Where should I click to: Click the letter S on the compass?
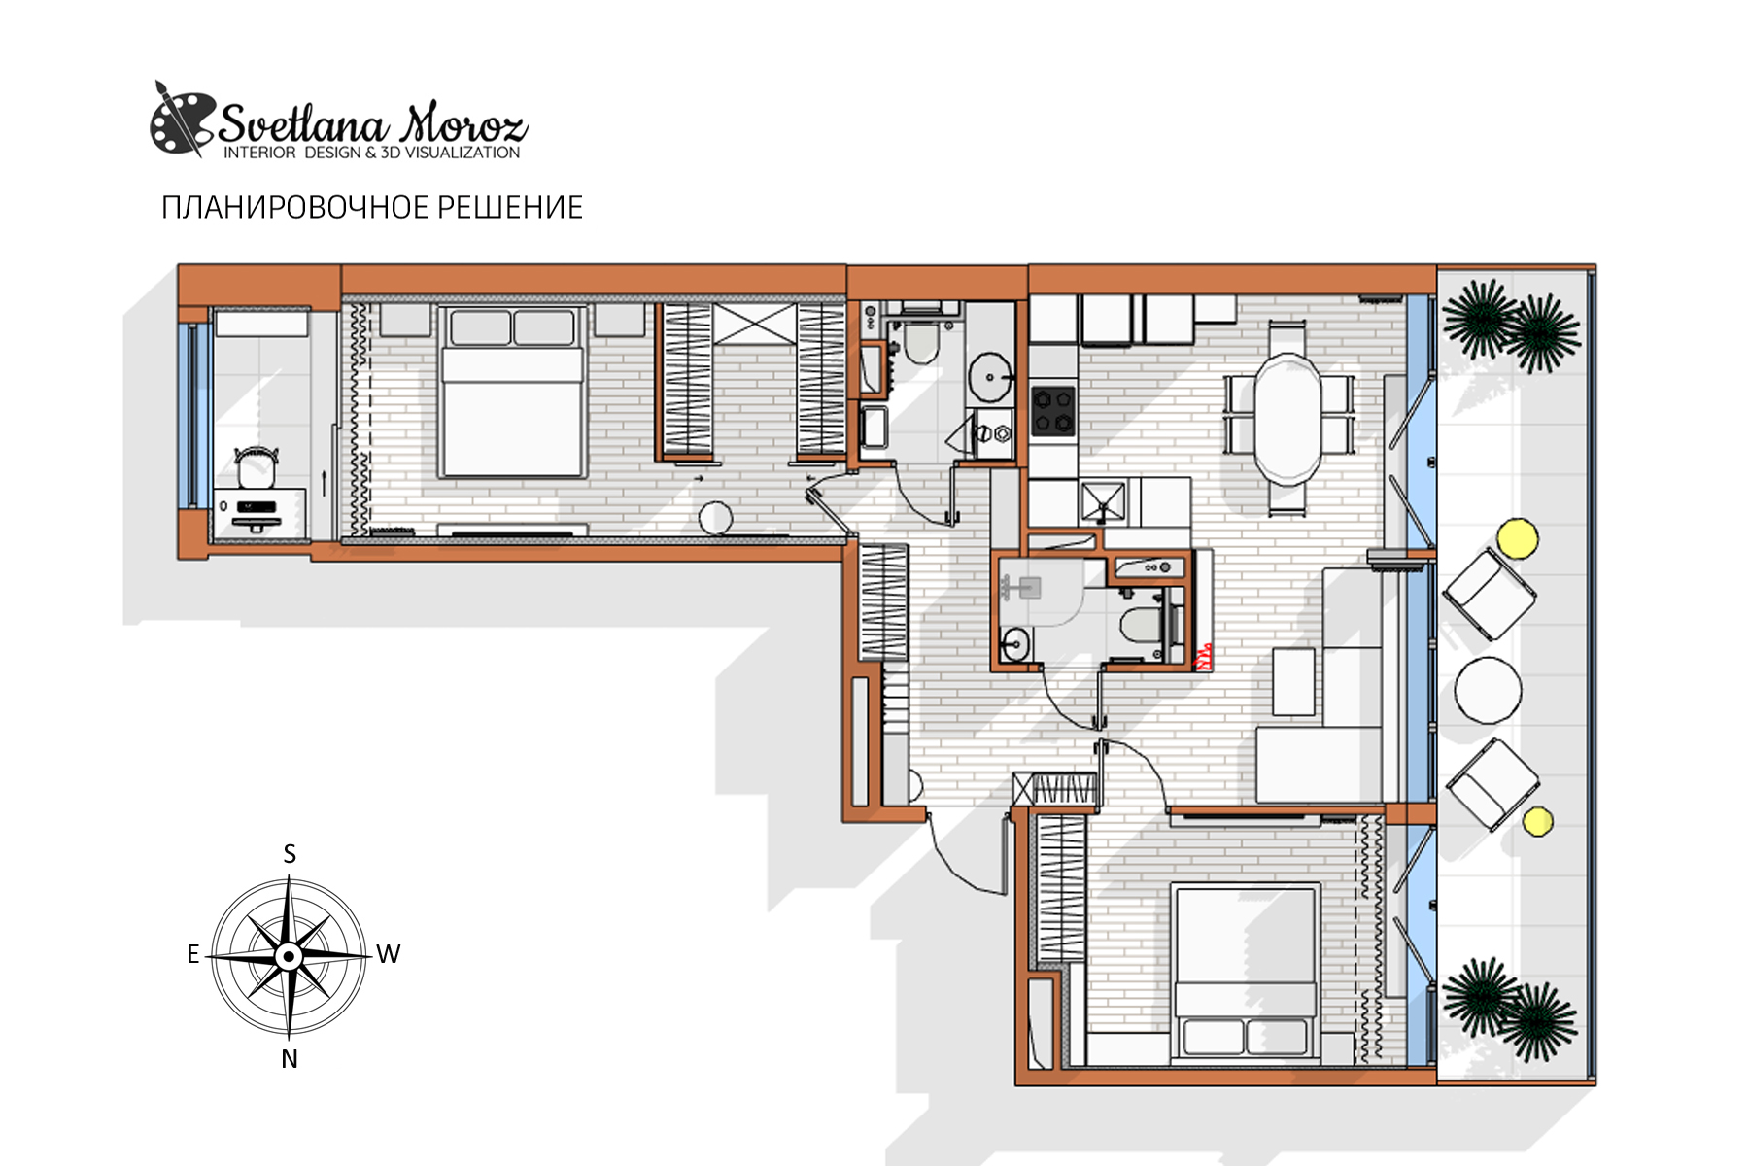click(x=290, y=854)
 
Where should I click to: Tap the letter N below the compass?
click(x=290, y=1059)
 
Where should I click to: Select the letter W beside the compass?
click(x=389, y=954)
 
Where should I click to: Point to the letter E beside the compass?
click(x=193, y=954)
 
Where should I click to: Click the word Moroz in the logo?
click(x=464, y=123)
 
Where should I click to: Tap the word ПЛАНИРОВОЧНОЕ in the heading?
click(x=293, y=208)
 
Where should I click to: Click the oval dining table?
click(x=1287, y=419)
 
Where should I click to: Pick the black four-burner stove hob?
click(x=1053, y=410)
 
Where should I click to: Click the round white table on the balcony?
click(x=1488, y=689)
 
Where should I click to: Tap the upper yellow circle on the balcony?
click(x=1517, y=538)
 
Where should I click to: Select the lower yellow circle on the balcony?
click(x=1537, y=821)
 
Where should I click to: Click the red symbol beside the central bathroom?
click(x=1203, y=658)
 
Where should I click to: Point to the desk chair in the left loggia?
click(x=256, y=466)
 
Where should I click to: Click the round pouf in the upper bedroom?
click(x=715, y=518)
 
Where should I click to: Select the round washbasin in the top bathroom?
click(x=989, y=376)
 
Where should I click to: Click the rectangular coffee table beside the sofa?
click(x=1293, y=681)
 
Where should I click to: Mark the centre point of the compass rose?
click(x=289, y=957)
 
